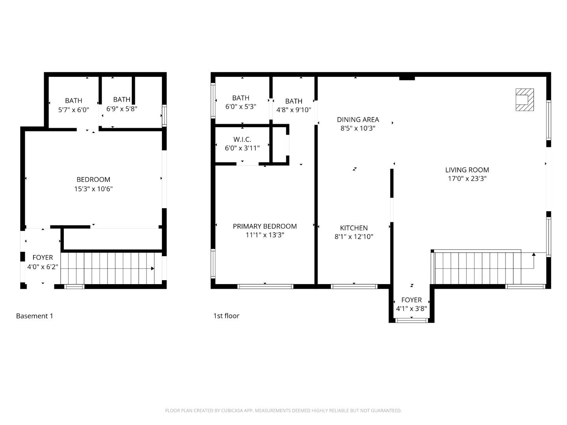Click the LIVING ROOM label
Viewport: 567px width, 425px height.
[467, 170]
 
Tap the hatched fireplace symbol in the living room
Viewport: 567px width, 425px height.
[524, 100]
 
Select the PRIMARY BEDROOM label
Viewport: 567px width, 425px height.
[265, 226]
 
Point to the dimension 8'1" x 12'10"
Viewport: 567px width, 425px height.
[354, 237]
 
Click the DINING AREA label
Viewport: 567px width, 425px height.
[358, 120]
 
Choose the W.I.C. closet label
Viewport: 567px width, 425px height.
[242, 140]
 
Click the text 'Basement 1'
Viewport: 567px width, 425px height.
[34, 316]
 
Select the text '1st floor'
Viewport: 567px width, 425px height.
[226, 316]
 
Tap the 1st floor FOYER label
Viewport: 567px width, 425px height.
[411, 300]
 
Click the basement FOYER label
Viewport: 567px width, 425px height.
[43, 258]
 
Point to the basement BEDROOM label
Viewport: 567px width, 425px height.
[93, 180]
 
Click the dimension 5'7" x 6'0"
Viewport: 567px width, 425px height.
[74, 110]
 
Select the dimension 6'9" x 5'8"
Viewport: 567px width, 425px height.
[122, 109]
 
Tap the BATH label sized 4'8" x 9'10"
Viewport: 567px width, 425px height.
[294, 101]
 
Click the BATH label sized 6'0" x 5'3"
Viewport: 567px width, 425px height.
[241, 98]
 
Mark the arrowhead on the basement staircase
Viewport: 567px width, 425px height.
[152, 269]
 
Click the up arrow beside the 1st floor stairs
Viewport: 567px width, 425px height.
[534, 255]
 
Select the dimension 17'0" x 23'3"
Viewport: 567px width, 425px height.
[467, 179]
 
